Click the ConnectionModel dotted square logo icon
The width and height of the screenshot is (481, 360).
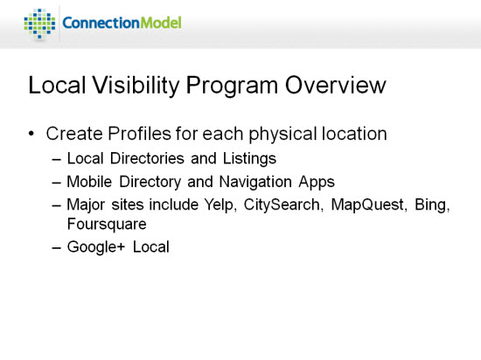click(x=39, y=24)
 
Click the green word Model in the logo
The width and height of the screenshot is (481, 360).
click(x=160, y=23)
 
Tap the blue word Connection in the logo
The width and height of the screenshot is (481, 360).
click(x=101, y=23)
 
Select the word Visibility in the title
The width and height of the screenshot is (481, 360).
click(x=136, y=86)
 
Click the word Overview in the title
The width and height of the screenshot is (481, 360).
click(x=335, y=85)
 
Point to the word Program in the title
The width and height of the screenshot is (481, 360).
click(x=232, y=86)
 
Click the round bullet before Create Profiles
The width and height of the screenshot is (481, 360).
click(x=31, y=134)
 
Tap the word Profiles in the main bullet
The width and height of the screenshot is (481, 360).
click(x=139, y=134)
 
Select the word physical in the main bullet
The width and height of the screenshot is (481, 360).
click(x=282, y=135)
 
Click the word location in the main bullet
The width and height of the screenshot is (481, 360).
click(x=354, y=134)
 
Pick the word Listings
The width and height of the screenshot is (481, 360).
click(x=249, y=159)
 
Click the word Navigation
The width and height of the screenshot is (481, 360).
click(x=255, y=182)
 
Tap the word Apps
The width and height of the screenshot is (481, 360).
click(x=317, y=182)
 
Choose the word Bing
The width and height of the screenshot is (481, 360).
click(x=432, y=205)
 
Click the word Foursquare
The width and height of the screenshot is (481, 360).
click(x=107, y=225)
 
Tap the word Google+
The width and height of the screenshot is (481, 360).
click(x=96, y=247)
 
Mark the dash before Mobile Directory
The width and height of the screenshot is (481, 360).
click(x=57, y=183)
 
